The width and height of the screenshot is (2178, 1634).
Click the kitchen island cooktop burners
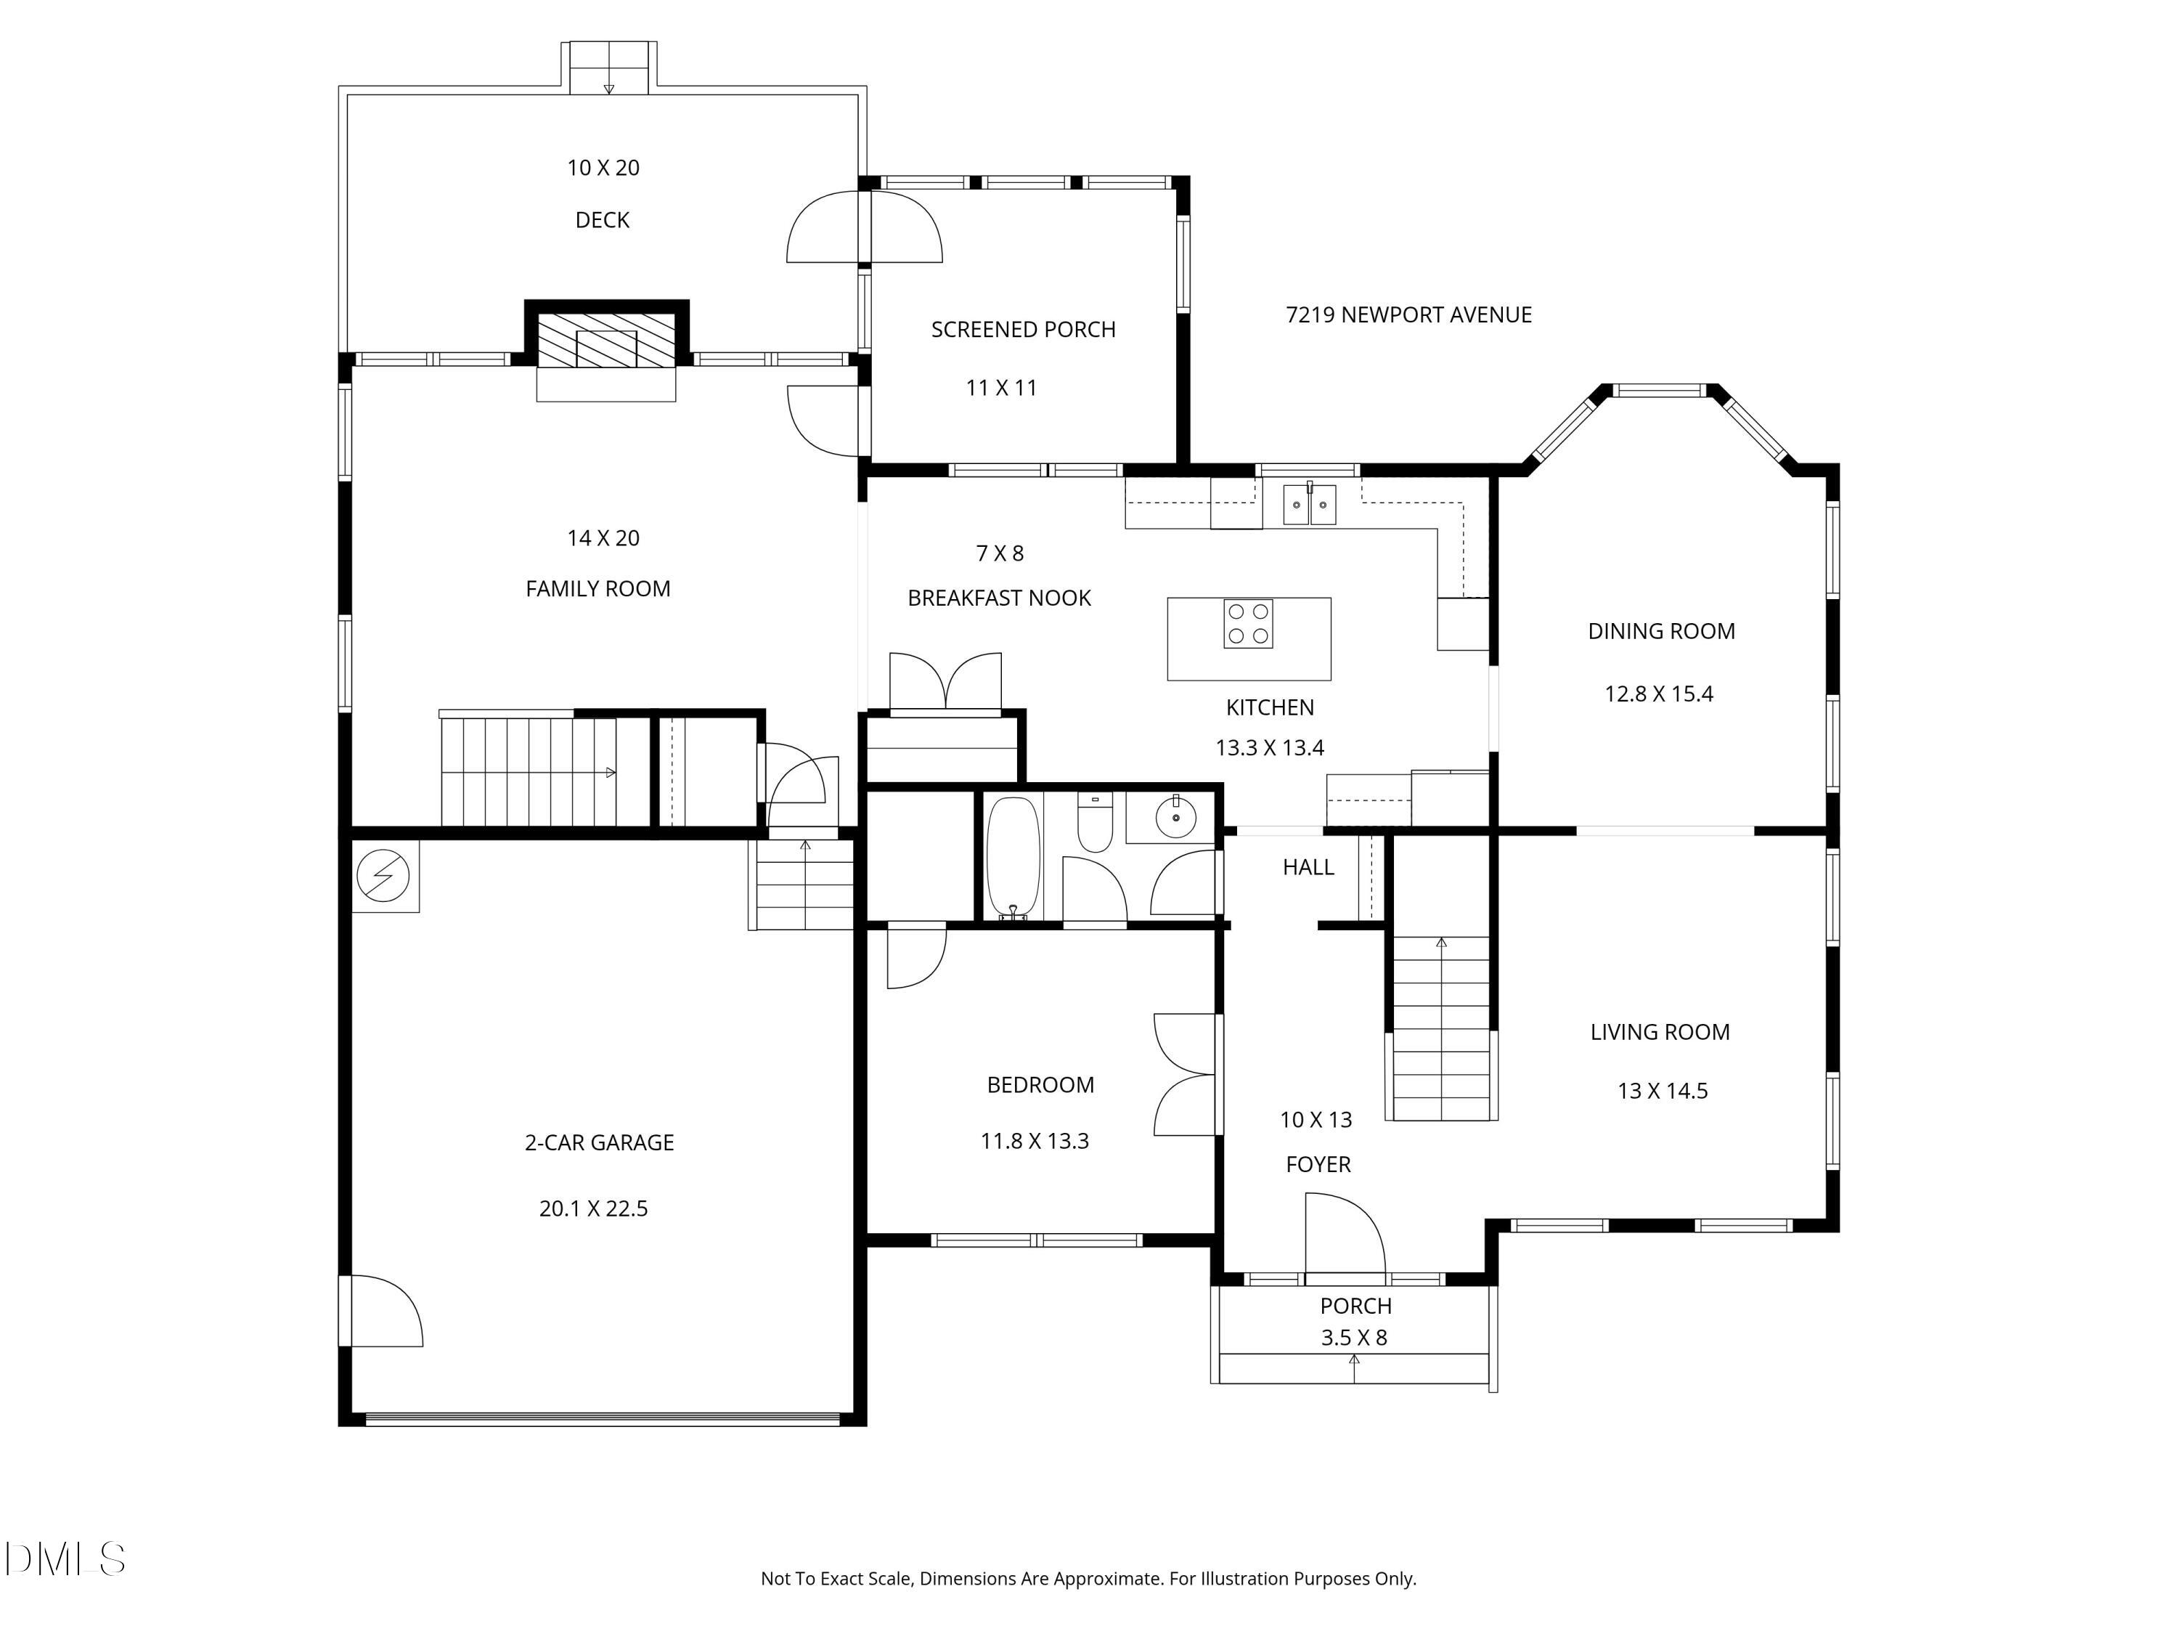pos(1249,623)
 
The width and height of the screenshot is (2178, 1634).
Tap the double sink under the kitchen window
pos(1310,504)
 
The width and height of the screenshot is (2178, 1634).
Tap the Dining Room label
pos(1662,631)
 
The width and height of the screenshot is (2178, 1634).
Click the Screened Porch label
pos(1024,330)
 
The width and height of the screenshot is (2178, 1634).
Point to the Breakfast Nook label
pos(1000,598)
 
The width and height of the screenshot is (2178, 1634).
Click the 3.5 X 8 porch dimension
pos(1354,1338)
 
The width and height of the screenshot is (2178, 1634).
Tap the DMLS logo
pos(65,1559)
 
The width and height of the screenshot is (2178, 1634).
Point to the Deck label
pos(603,219)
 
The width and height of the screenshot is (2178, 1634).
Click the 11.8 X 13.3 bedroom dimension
pos(1035,1142)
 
